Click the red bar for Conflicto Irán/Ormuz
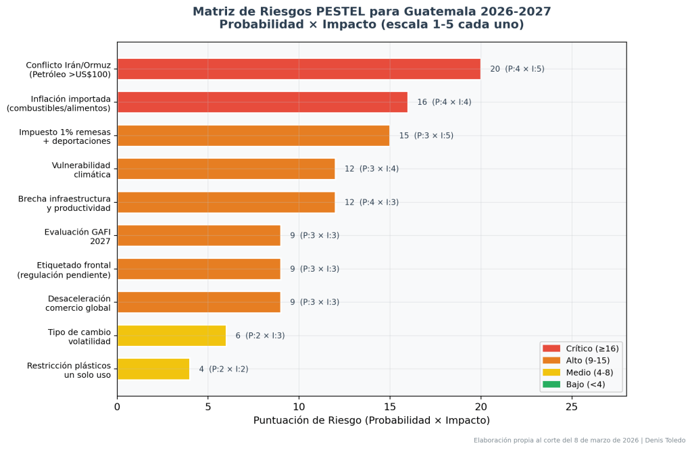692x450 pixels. click(299, 69)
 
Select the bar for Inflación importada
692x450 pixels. click(262, 102)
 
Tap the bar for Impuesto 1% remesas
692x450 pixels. click(253, 135)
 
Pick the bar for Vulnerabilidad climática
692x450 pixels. click(226, 169)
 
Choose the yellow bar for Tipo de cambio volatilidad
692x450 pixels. click(172, 335)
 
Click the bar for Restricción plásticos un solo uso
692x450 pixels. click(153, 369)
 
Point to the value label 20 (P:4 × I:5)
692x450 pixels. click(517, 69)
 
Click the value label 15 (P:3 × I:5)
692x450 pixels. click(426, 135)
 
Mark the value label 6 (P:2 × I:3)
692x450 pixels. click(259, 335)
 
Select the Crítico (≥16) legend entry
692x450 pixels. click(580, 348)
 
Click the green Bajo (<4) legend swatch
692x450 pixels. click(551, 384)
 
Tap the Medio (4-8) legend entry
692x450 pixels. click(580, 372)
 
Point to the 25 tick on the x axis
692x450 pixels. click(572, 407)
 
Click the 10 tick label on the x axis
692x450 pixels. click(299, 407)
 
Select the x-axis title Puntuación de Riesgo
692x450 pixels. click(371, 420)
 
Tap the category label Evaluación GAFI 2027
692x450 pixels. click(77, 236)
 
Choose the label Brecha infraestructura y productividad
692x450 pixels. click(64, 203)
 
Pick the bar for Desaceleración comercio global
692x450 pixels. click(199, 302)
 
